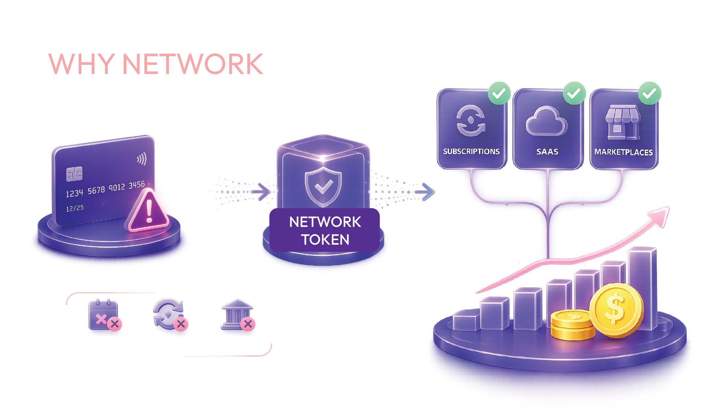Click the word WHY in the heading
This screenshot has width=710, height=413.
click(x=82, y=64)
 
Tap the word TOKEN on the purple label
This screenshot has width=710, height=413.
click(x=325, y=239)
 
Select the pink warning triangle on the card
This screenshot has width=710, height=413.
click(x=149, y=210)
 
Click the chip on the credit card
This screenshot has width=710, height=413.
click(x=74, y=174)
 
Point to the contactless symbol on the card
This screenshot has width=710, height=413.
click(x=142, y=159)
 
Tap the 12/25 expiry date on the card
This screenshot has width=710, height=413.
click(x=75, y=208)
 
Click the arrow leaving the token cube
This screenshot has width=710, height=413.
click(x=425, y=192)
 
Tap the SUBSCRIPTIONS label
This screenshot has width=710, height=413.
click(x=471, y=152)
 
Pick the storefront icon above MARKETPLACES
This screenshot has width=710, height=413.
click(x=623, y=123)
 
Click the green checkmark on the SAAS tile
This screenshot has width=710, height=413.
click(x=574, y=93)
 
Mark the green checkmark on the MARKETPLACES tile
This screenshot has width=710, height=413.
click(x=650, y=93)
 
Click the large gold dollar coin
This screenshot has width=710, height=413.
click(x=616, y=310)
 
